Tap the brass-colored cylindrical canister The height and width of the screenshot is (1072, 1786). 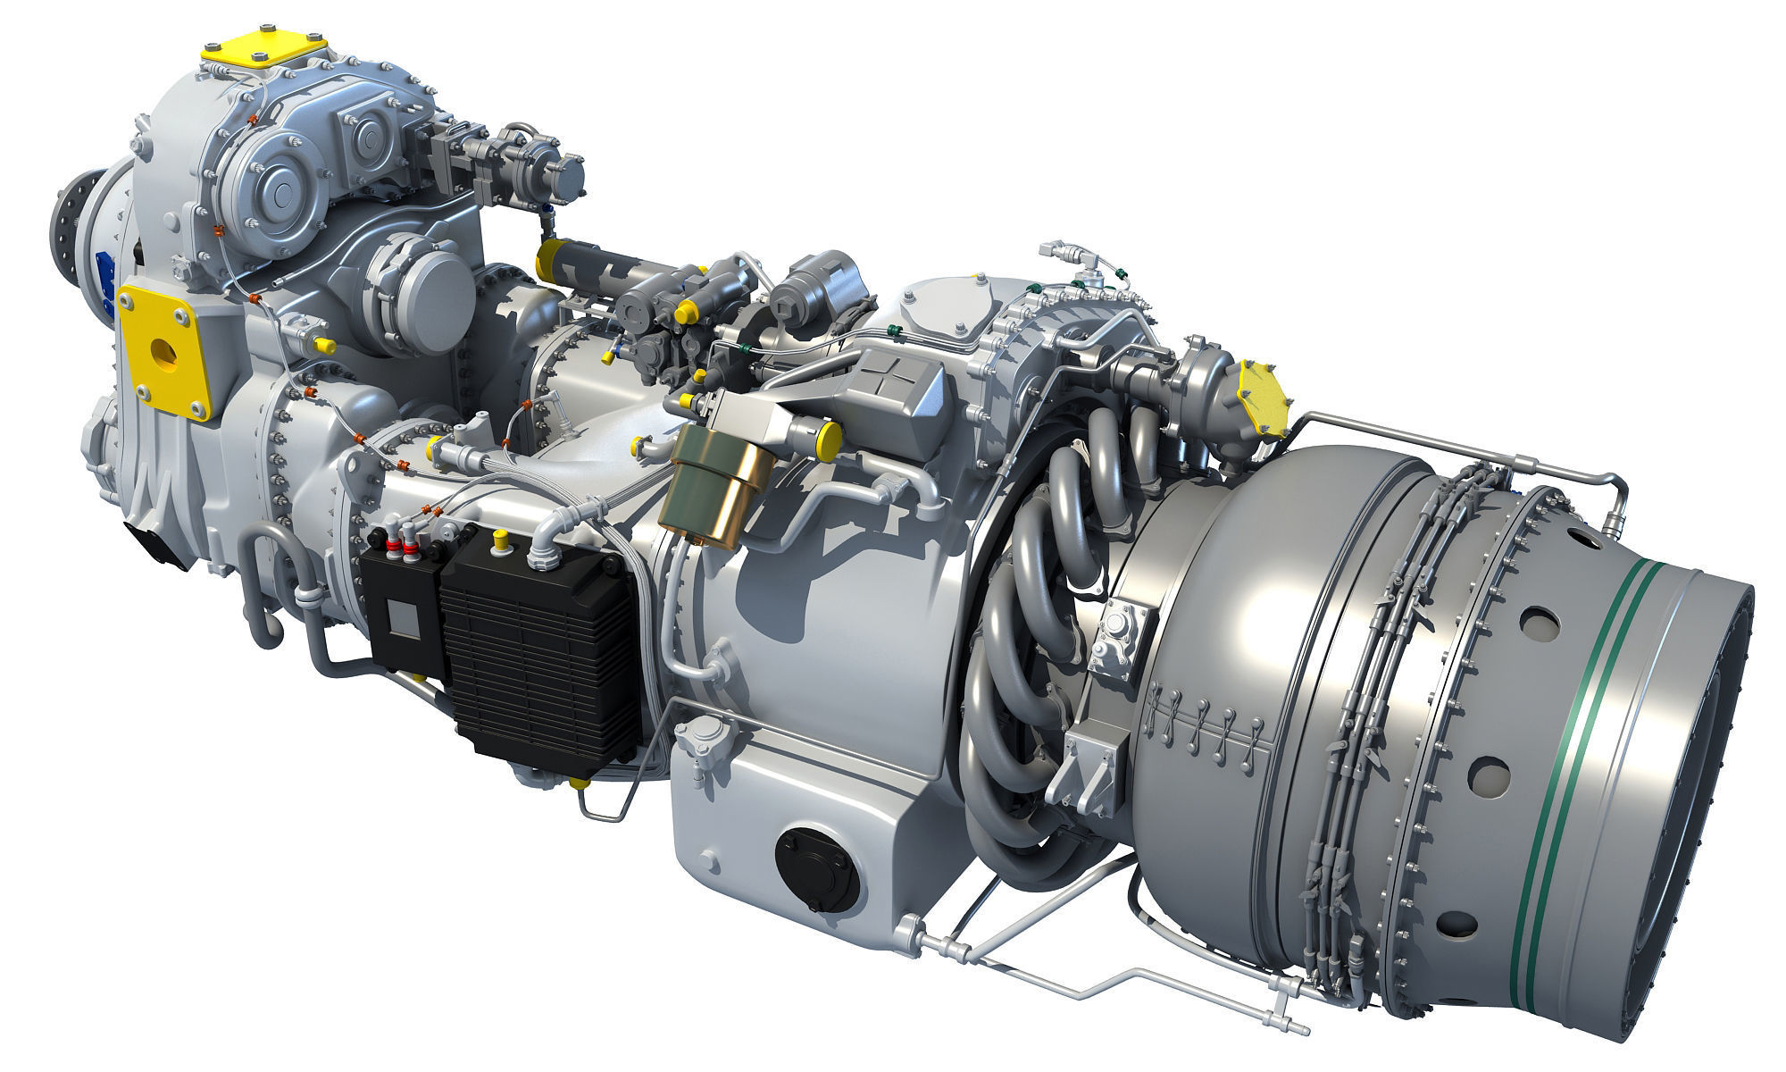pyautogui.click(x=715, y=487)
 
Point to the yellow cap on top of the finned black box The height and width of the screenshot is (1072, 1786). pyautogui.click(x=501, y=538)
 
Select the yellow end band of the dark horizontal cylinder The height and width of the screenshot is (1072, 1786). pyautogui.click(x=546, y=260)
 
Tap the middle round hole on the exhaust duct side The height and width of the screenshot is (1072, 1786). pyautogui.click(x=1484, y=767)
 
